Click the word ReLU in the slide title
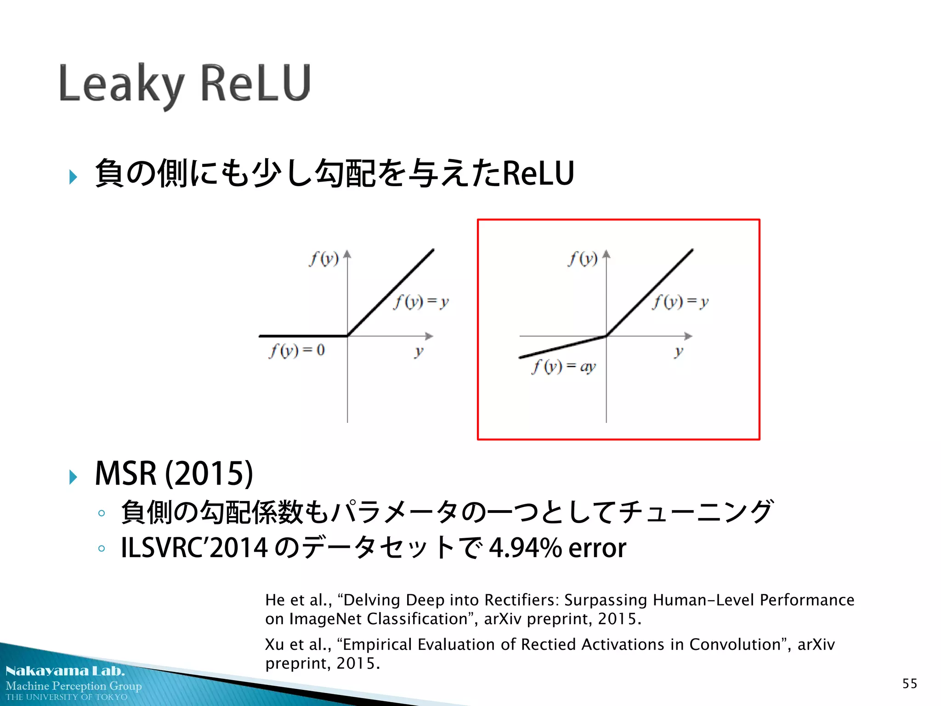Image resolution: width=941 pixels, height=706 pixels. point(256,83)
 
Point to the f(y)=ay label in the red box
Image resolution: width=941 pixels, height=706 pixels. point(564,367)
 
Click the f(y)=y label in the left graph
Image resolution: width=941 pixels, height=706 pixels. point(421,302)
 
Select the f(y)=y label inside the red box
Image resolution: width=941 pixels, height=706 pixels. point(681,302)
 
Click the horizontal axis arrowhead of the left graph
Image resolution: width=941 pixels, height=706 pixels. point(429,336)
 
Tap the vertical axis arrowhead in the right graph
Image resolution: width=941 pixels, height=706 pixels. point(607,254)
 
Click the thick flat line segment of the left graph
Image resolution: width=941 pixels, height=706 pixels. point(303,336)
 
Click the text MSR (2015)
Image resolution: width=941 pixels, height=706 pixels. point(174,473)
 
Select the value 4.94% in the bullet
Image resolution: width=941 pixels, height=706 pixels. point(525,548)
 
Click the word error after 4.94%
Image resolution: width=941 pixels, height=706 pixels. point(597,548)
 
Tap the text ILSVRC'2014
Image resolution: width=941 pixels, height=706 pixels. point(194,548)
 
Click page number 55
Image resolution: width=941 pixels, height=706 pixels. point(909,683)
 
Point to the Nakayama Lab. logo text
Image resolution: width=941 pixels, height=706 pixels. point(65,671)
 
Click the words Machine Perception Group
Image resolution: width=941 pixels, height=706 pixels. point(74,686)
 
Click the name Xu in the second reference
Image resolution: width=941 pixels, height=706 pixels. point(274,644)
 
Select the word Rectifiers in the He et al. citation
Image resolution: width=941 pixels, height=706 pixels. point(521,600)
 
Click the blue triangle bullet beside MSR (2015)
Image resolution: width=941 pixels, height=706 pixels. point(73,477)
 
